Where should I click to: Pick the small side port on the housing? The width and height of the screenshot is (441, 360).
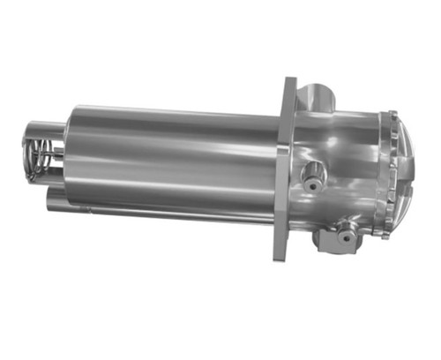311,176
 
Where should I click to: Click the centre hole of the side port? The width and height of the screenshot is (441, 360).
310,176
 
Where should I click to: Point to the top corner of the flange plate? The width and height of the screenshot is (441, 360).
291,82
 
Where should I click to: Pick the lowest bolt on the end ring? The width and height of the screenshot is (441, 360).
380,233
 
